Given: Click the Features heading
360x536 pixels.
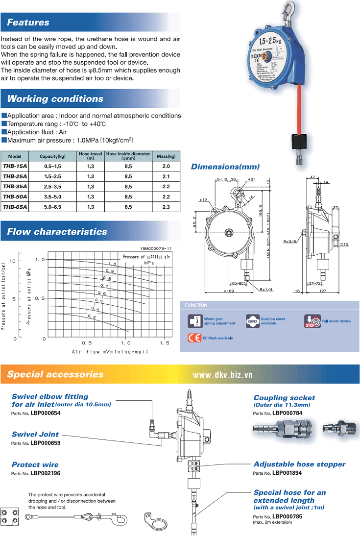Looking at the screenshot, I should (x=28, y=23).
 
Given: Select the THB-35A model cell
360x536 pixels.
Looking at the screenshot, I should (x=15, y=186).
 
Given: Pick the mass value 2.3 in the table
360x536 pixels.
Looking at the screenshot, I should (x=166, y=207).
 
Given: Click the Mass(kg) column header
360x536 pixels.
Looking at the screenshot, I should (x=166, y=156).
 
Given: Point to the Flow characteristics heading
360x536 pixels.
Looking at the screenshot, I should (x=57, y=232).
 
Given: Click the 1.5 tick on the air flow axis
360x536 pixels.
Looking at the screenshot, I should (x=165, y=343).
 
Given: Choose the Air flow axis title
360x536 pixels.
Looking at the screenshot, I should (x=110, y=351).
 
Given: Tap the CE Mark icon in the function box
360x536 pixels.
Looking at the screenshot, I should (x=194, y=338).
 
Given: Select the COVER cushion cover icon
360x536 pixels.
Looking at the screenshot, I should (x=252, y=320).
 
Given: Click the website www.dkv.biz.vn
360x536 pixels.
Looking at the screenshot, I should (x=222, y=375).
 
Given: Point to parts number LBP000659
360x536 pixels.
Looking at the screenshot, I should (x=45, y=443).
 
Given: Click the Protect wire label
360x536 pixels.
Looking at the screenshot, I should (x=35, y=464).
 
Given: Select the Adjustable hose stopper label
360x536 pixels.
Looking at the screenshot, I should (x=299, y=464).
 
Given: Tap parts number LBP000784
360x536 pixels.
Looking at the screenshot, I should (x=287, y=414).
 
